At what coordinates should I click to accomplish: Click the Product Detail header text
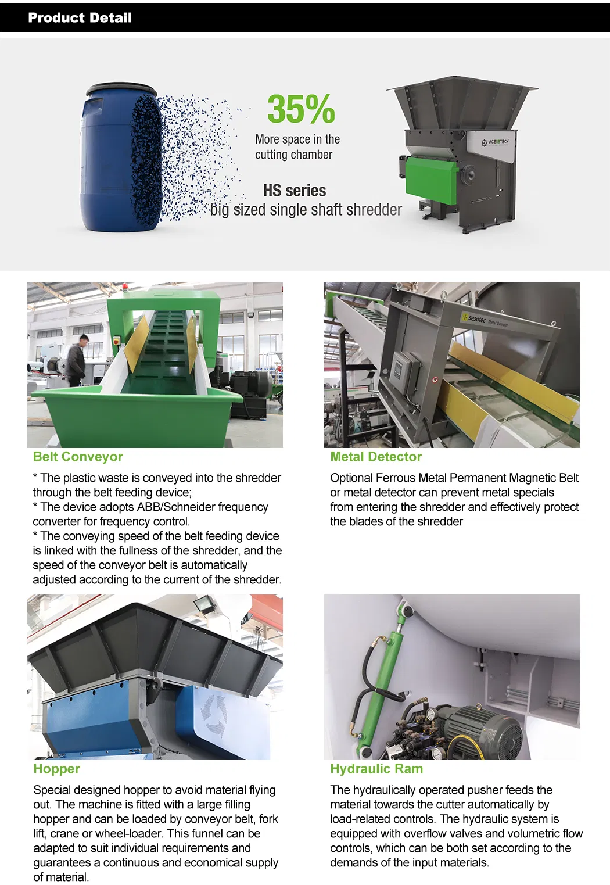coord(80,18)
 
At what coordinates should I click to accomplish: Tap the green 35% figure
coord(301,109)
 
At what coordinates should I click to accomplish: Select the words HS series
coord(295,191)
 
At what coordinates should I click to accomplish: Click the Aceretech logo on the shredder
coord(496,142)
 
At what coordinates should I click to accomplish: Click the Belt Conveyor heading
coord(78,457)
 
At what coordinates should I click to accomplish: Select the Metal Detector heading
coord(376,457)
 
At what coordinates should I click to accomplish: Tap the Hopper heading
coord(56,768)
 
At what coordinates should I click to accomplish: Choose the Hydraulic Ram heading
coord(376,768)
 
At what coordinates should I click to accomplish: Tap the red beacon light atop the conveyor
coord(125,286)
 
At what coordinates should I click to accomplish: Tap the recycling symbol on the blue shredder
coord(214,715)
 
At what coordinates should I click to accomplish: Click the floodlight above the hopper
coord(204,603)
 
